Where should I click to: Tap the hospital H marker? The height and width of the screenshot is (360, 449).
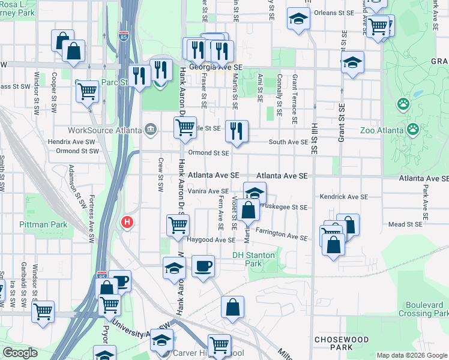(127, 223)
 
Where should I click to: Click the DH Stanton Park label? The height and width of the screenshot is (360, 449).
(254, 259)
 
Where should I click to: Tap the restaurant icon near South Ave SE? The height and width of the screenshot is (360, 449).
(237, 130)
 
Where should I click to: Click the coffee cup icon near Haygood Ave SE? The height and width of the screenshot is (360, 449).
(203, 265)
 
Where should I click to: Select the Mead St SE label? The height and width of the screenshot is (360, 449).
(406, 224)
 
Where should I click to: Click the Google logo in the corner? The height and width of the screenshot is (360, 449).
(20, 353)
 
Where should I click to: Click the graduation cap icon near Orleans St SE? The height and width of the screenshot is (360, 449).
(298, 19)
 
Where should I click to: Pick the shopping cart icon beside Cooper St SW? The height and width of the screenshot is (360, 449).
(88, 91)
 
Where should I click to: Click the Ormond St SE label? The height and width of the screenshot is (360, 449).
(209, 153)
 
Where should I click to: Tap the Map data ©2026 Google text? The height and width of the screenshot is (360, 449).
(411, 355)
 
